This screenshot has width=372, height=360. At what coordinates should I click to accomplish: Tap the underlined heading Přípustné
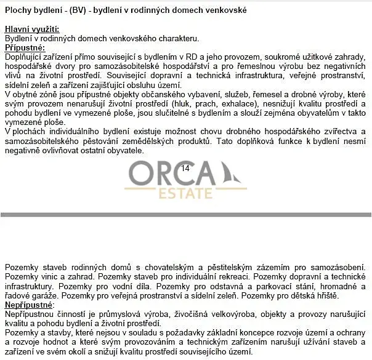25,47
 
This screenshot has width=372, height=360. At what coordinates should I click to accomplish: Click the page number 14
186,167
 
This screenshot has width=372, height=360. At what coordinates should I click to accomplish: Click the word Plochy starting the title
19,10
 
